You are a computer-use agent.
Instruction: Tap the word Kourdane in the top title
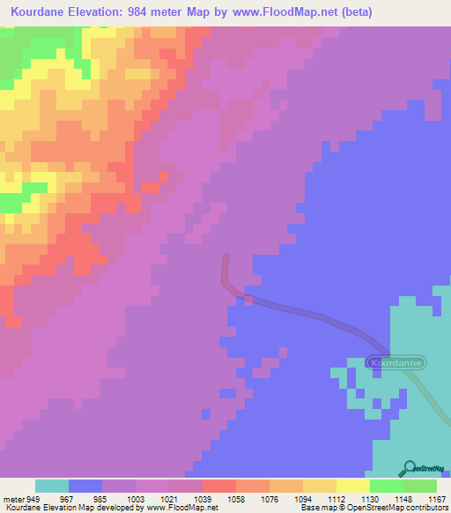41,12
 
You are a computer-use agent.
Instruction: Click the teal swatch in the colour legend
52,486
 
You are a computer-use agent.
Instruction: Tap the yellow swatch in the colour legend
353,486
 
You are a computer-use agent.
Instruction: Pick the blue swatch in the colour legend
85,486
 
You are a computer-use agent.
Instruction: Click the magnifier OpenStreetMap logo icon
410,469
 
